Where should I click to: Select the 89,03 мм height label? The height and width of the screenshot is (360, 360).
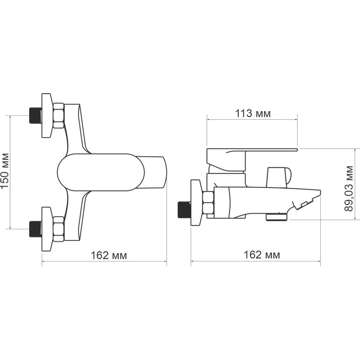(x=349, y=188)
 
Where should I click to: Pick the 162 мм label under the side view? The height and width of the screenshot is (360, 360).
(x=255, y=255)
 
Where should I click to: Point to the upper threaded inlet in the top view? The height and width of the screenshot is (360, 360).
(x=35, y=115)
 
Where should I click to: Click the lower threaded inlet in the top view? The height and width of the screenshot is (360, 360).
(x=35, y=229)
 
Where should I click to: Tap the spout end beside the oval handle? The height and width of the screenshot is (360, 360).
(x=156, y=172)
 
